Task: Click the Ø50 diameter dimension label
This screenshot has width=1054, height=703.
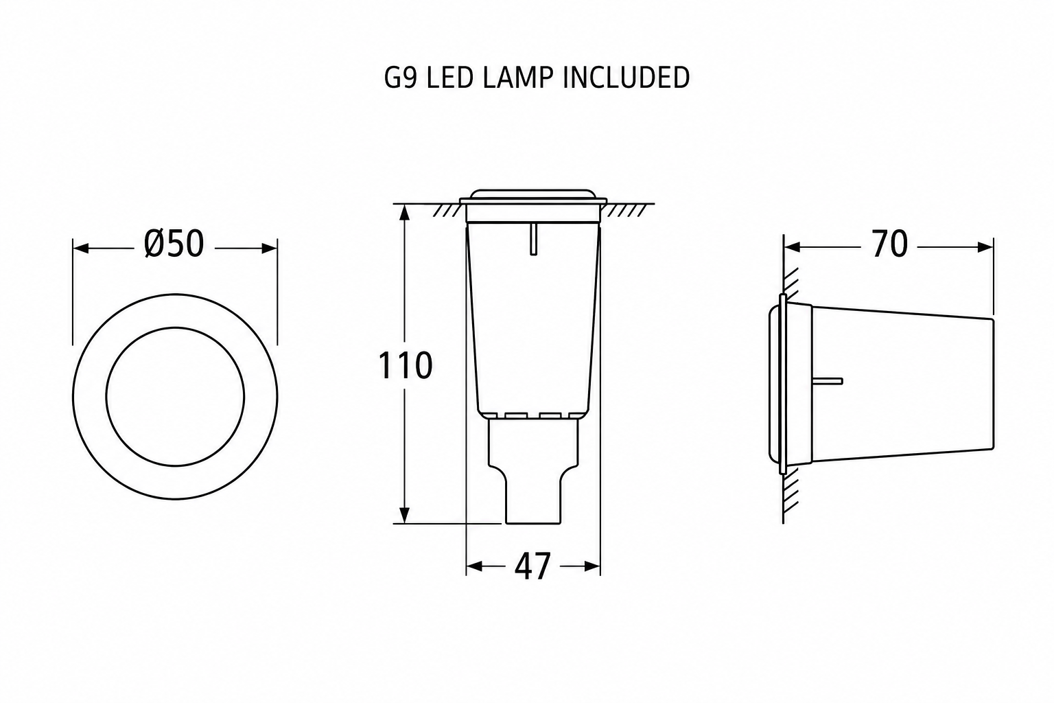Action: [x=174, y=244]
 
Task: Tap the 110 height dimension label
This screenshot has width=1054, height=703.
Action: [x=405, y=366]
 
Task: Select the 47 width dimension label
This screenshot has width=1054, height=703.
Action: [x=532, y=566]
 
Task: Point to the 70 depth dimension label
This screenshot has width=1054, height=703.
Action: [x=890, y=244]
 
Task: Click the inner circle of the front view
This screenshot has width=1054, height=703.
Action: [x=175, y=327]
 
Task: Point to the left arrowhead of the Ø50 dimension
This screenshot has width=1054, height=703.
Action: [x=81, y=248]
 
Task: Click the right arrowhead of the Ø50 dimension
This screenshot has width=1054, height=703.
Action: [x=269, y=248]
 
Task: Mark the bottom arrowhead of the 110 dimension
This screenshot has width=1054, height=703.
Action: [x=404, y=516]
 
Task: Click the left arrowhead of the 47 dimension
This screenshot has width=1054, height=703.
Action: [x=474, y=566]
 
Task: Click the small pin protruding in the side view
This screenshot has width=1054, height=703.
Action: [x=828, y=381]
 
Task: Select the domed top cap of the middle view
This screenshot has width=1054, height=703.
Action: [x=533, y=196]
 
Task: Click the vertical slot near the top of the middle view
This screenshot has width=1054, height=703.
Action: [x=533, y=239]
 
